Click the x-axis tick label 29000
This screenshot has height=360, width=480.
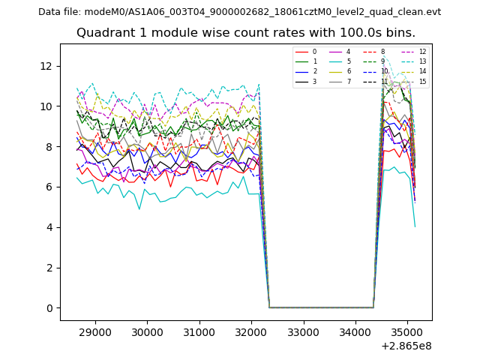pyautogui.click(x=95, y=331)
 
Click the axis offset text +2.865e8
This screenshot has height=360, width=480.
pyautogui.click(x=406, y=346)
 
